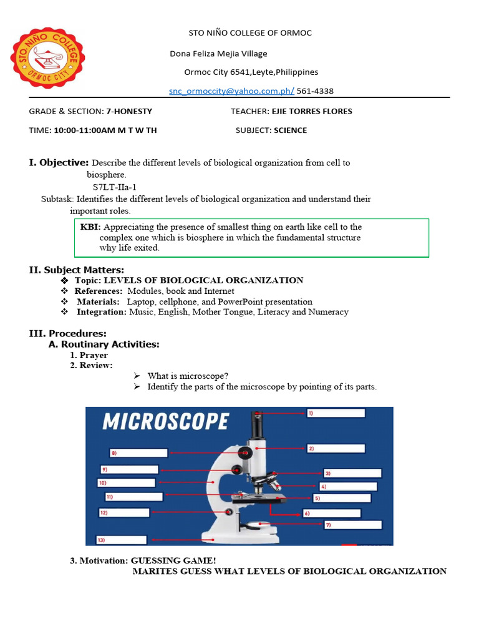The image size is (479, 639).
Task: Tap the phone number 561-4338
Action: pos(315,91)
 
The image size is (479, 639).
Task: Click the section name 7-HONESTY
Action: pos(129,111)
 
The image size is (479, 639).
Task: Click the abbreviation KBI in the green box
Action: pos(90,227)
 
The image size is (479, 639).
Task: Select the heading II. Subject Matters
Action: pos(77,270)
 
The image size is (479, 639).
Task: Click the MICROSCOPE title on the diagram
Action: pos(166,422)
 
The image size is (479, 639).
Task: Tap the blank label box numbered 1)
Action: pos(332,413)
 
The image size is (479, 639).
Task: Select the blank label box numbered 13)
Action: pos(121,540)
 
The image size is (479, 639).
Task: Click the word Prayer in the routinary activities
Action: pos(94,355)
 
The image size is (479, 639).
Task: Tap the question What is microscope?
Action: pos(188,376)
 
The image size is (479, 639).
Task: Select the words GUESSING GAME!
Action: pos(173,560)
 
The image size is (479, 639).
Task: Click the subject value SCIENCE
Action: pos(291,130)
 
